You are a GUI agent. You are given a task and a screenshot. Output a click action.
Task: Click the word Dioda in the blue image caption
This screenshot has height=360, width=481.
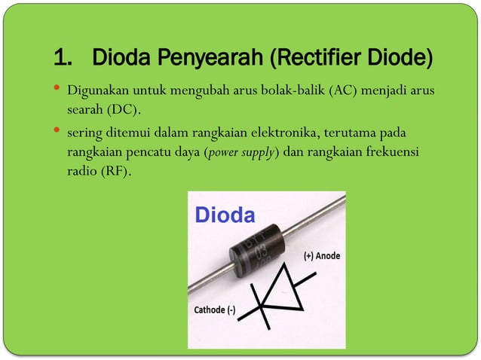coord(225,215)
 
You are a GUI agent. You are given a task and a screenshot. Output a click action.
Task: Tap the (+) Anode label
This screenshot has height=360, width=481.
coord(321,256)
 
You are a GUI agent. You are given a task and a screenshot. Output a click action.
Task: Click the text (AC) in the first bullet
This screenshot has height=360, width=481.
coord(340,92)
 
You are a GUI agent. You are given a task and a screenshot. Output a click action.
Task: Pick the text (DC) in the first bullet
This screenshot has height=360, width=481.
coord(121,110)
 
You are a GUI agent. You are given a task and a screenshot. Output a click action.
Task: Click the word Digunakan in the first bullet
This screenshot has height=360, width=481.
coord(94,92)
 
